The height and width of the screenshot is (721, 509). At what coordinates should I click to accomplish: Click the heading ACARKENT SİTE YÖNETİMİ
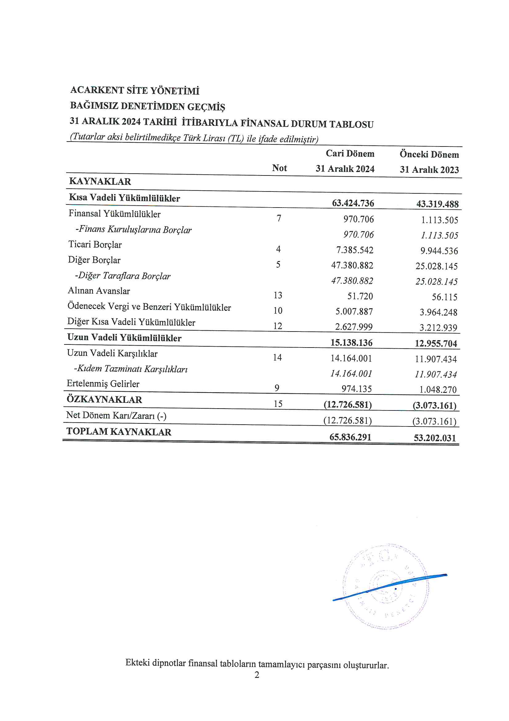point(135,90)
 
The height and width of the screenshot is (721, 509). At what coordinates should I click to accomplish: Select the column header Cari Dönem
point(350,154)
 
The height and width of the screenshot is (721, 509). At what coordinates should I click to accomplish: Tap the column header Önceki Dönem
point(429,154)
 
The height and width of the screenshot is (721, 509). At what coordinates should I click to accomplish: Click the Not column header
point(279,168)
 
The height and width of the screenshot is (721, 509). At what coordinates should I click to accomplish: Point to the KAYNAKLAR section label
point(100,182)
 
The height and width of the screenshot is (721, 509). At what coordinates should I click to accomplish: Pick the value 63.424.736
point(353,203)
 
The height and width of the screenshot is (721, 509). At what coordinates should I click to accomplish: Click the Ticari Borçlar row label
point(95,245)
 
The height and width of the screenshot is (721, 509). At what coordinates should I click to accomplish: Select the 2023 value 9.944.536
point(439,251)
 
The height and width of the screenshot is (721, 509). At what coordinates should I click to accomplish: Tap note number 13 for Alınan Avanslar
point(278,295)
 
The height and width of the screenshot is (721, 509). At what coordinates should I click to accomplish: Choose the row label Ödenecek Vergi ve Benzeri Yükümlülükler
point(149,307)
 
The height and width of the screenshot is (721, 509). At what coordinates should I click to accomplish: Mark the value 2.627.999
point(353,327)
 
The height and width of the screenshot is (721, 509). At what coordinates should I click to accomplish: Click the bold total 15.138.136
point(351,343)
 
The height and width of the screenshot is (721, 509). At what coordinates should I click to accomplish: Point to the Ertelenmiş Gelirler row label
point(103,384)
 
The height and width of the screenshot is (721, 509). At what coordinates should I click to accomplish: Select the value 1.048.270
point(438,390)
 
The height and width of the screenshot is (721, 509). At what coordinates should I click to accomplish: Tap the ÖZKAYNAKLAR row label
point(104,400)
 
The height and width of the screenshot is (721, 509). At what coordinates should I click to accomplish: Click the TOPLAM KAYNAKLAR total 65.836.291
point(350,437)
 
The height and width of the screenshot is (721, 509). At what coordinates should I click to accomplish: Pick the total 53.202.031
point(434,438)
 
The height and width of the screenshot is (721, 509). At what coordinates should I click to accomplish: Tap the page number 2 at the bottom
point(257,674)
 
